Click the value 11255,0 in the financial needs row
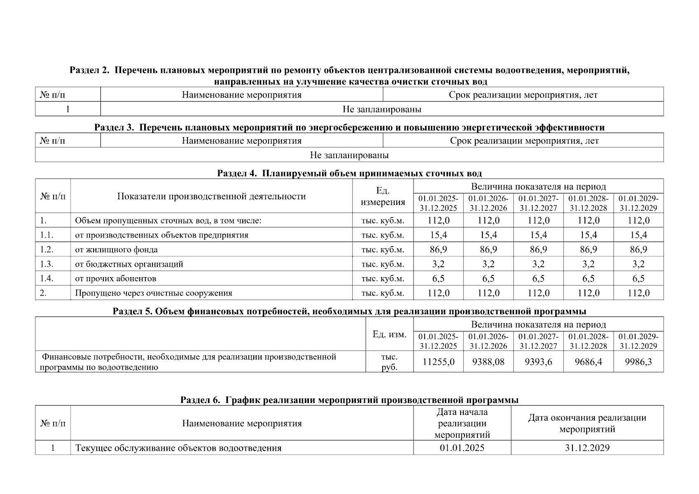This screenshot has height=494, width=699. tap(438, 362)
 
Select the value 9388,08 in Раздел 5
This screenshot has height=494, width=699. tap(488, 362)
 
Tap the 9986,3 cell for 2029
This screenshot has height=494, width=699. tap(638, 362)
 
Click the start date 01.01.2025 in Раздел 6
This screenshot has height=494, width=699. tap(462, 448)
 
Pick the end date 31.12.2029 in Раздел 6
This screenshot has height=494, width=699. tap(587, 448)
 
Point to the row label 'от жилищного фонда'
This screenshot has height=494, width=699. tap(116, 249)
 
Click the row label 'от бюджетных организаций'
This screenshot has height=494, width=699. tap(129, 264)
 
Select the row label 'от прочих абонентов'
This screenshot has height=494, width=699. tap(115, 278)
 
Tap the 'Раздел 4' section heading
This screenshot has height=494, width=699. tap(349, 173)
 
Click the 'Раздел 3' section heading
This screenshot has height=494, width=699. tap(349, 127)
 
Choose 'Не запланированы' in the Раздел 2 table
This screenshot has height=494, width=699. tap(382, 109)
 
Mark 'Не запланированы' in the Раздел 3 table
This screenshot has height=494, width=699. tap(349, 155)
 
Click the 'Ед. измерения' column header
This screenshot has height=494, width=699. tap(383, 196)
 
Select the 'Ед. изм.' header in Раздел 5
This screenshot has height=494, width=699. tap(389, 334)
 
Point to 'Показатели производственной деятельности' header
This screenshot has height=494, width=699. tap(211, 196)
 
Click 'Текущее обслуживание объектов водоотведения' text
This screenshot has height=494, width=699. tap(178, 448)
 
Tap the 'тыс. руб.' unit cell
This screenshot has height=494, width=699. tap(389, 362)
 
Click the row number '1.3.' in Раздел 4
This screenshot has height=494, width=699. tap(47, 264)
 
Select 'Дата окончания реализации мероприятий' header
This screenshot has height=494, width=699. tap(587, 423)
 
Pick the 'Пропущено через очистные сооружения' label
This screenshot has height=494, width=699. tap(153, 293)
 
